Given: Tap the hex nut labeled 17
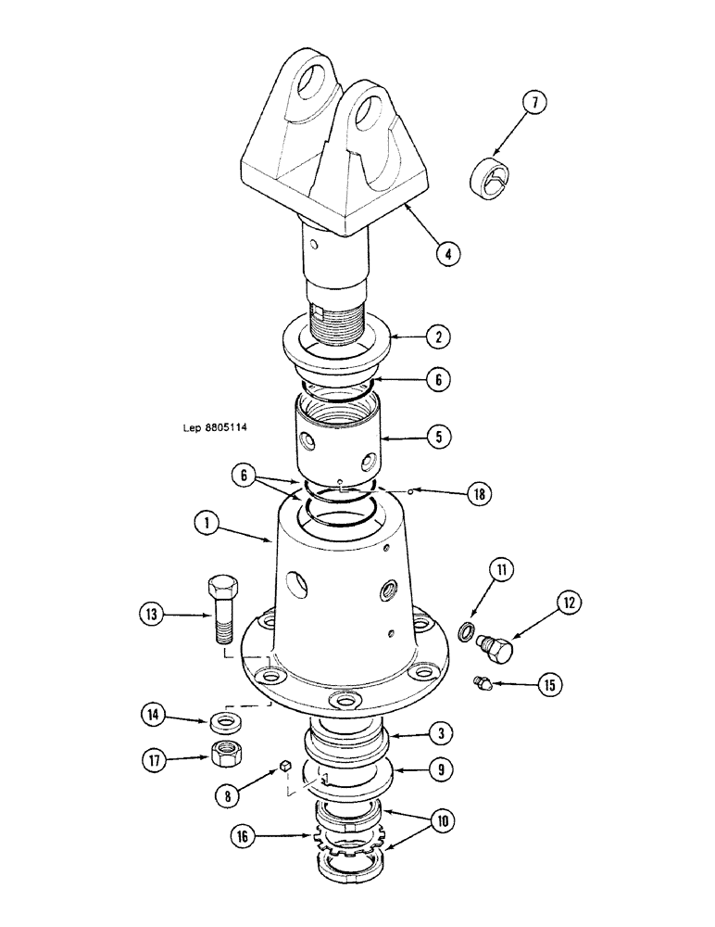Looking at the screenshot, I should (223, 756).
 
